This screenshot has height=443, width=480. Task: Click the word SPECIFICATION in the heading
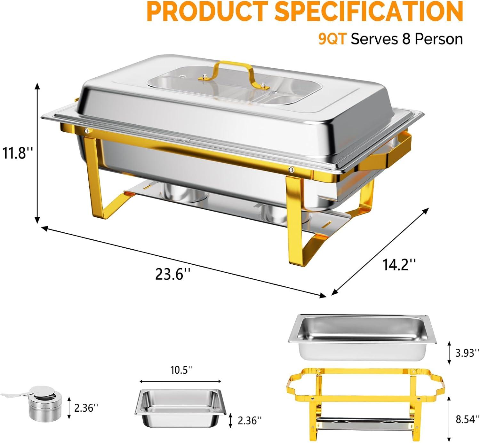point(369,11)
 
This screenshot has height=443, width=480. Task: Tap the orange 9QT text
point(332,39)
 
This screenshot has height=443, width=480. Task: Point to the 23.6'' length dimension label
point(172,274)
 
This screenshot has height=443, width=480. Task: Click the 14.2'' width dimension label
point(399,264)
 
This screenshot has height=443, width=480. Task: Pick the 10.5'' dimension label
point(181,370)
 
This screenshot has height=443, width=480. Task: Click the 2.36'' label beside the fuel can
point(86,408)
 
